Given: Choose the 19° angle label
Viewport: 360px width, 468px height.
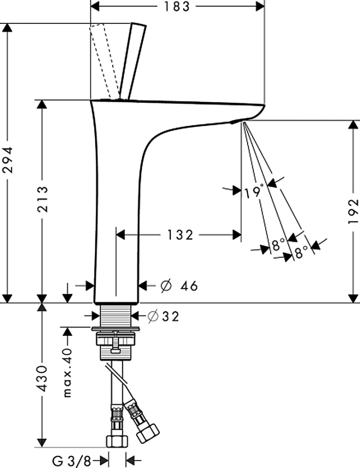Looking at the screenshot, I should point(254,192).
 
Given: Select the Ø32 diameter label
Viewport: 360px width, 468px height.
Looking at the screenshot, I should point(163,316).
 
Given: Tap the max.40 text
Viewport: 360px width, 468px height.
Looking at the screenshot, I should point(68,373).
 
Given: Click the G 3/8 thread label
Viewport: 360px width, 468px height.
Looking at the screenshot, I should point(71,461).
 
